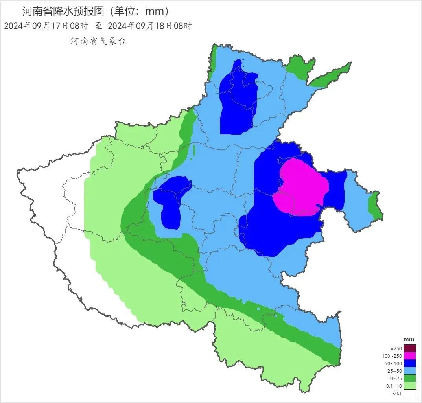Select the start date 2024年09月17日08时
coord(46,26)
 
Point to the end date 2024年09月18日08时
coord(149,26)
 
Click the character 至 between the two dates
coord(98,26)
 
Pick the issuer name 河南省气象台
coord(98,41)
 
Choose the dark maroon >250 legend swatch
coord(409,348)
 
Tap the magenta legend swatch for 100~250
coord(409,356)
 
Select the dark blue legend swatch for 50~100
coord(409,363)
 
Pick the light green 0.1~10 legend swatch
coord(409,386)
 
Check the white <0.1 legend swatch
coord(409,394)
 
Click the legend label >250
coord(395,349)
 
